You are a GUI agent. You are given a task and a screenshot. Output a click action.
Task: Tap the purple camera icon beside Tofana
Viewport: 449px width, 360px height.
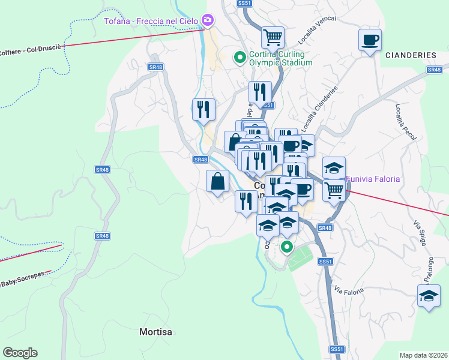[x=208, y=20]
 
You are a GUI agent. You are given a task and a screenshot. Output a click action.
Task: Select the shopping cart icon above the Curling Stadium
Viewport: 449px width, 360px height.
[x=273, y=38]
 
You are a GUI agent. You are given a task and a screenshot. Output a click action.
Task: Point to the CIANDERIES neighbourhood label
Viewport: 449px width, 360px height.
[x=411, y=55]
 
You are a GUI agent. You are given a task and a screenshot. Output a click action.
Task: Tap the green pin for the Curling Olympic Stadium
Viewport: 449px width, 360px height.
[x=240, y=58]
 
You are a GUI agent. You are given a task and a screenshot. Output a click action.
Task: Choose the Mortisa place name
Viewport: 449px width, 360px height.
[x=155, y=331]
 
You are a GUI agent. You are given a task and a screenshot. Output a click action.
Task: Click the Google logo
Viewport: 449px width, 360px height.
[x=20, y=353]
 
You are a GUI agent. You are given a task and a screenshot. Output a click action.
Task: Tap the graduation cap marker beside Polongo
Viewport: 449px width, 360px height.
[x=429, y=296]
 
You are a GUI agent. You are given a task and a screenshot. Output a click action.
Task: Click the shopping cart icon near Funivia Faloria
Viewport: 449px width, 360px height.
[x=334, y=191]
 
